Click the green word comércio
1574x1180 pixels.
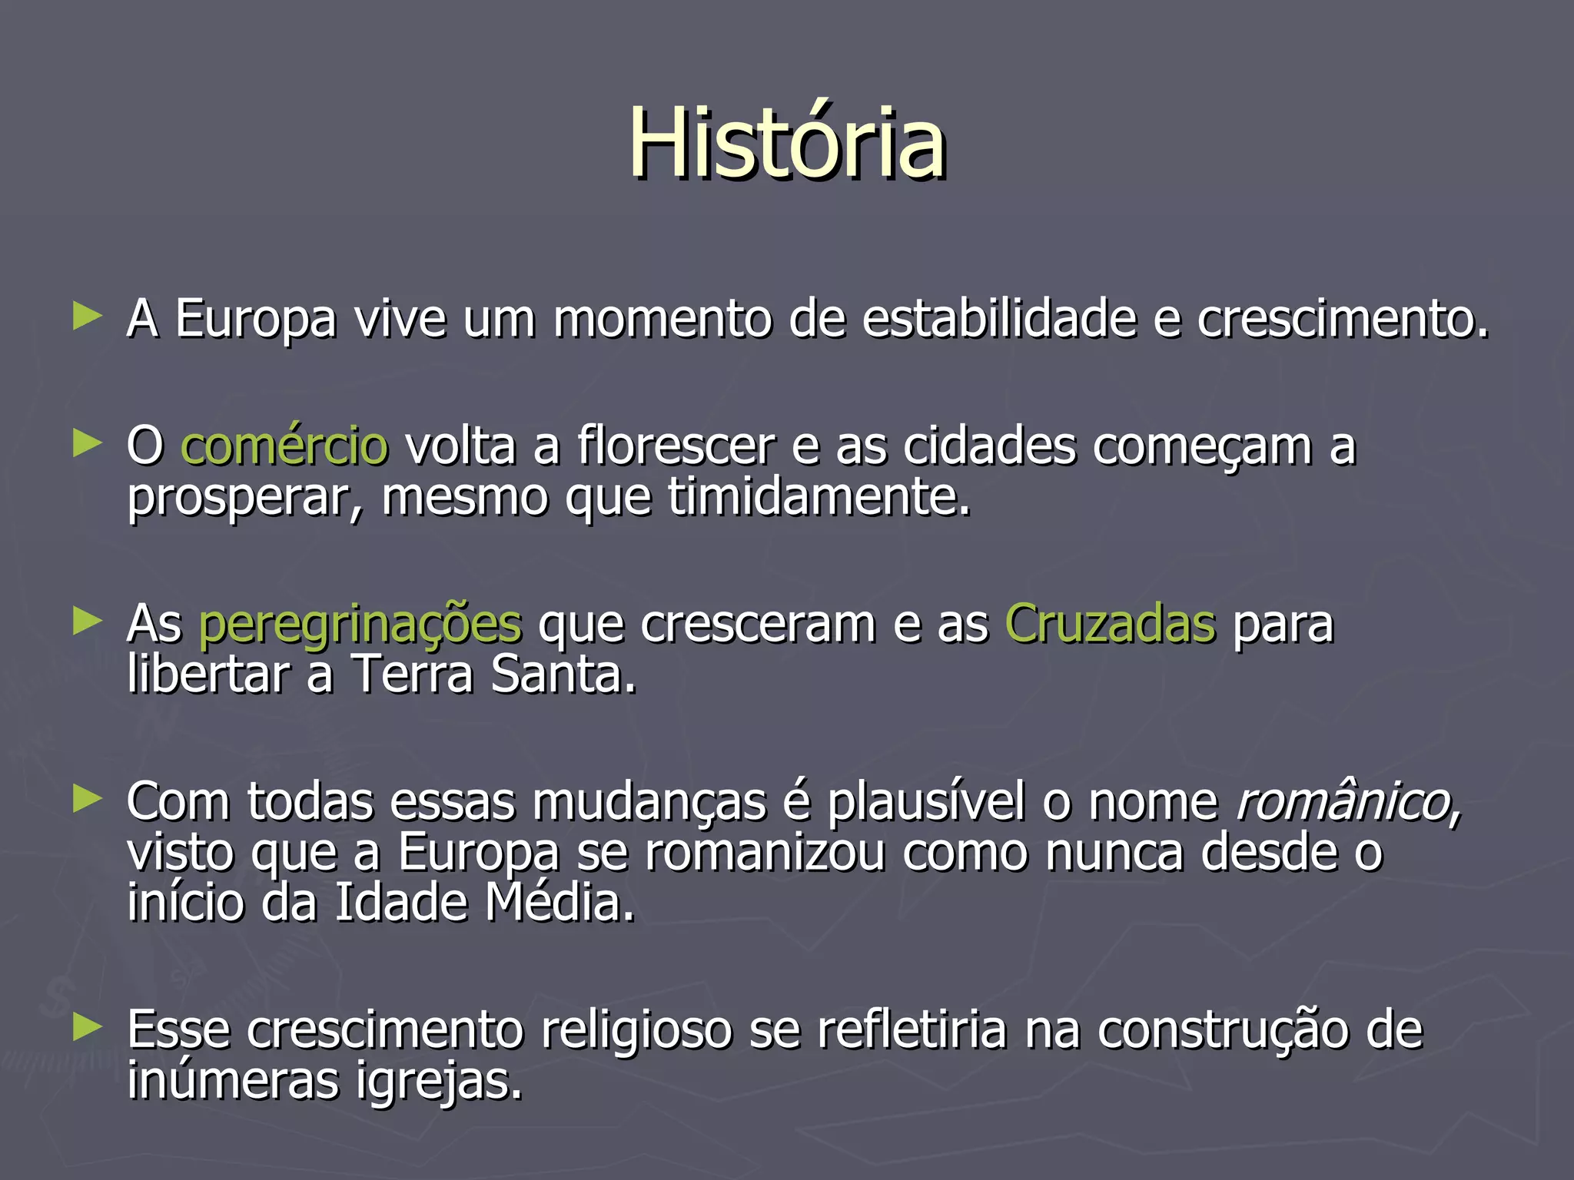284,446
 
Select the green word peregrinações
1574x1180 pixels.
360,625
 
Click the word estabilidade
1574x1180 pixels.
998,318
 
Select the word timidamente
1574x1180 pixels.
819,497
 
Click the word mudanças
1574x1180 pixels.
649,803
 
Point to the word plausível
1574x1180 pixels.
926,802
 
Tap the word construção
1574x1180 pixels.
1222,1031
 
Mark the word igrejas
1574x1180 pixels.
439,1082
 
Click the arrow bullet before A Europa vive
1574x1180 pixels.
87,316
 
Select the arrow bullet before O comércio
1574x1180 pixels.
87,443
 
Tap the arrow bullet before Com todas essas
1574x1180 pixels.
87,799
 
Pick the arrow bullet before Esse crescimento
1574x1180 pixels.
87,1027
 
